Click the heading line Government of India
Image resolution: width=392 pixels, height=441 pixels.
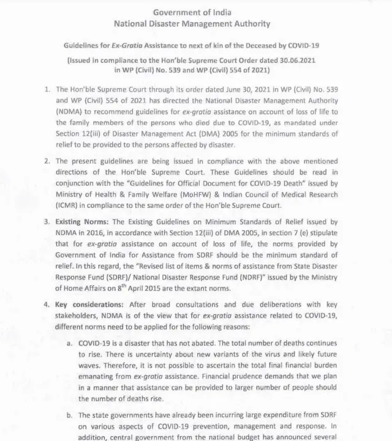pyautogui.click(x=192, y=12)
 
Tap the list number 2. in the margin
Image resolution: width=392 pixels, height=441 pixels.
pyautogui.click(x=47, y=161)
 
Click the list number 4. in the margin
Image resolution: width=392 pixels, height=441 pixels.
pyautogui.click(x=47, y=305)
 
